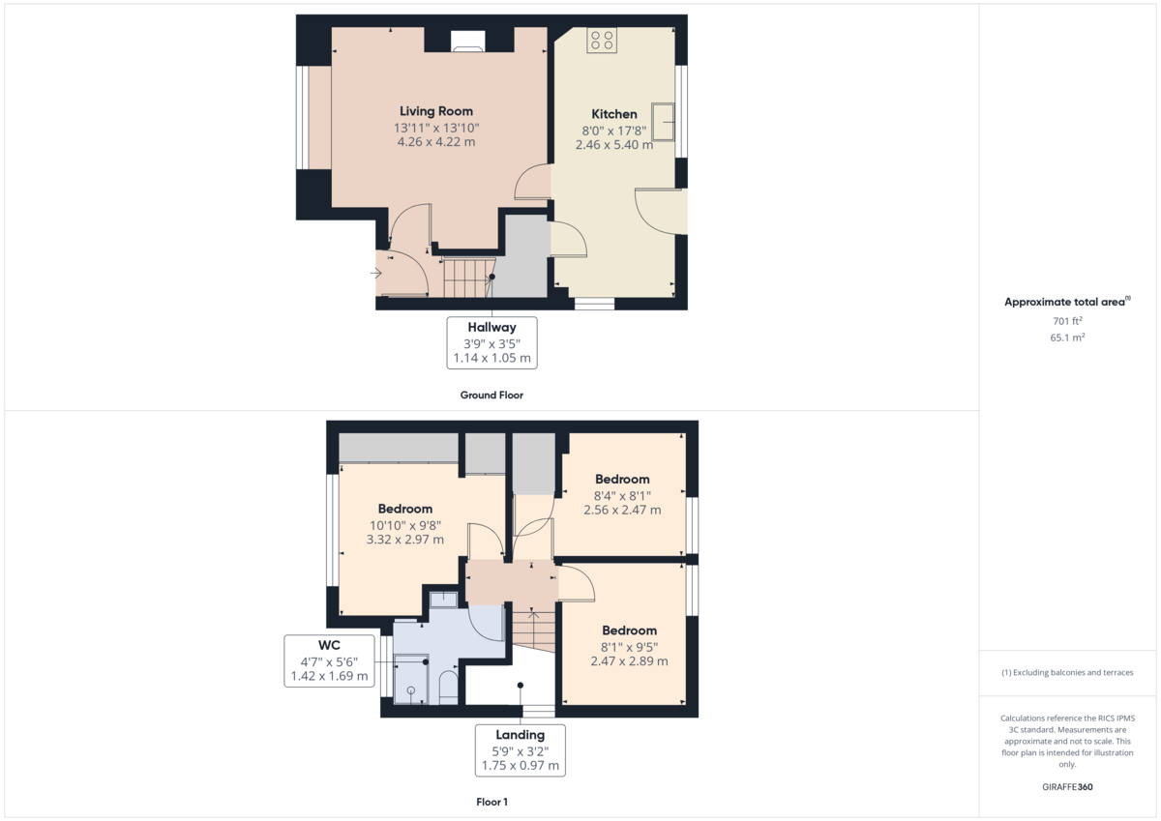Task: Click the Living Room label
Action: [435, 111]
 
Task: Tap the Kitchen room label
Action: [613, 114]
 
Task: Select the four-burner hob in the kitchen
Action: [601, 40]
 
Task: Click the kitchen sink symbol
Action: [664, 121]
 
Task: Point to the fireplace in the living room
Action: [467, 40]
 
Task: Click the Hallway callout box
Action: [491, 342]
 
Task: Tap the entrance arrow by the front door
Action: [375, 273]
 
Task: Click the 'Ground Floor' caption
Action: [491, 396]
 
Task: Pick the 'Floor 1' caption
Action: [491, 802]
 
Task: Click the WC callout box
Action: [329, 660]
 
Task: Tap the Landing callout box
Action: [521, 749]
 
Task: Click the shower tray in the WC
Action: [410, 681]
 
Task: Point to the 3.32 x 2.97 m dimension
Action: [404, 540]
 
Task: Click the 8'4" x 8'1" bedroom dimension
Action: [622, 495]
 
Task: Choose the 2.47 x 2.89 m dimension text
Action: [629, 661]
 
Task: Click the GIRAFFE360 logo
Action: [1067, 787]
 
